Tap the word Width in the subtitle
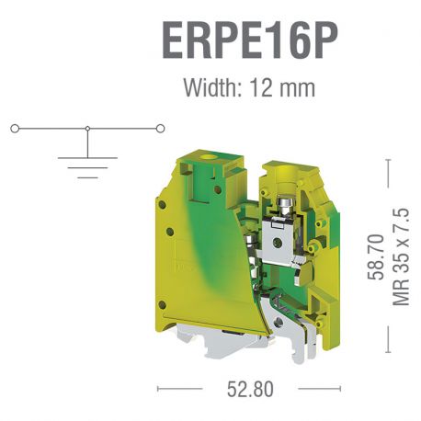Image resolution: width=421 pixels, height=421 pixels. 209,88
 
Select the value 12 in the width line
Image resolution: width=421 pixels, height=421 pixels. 267,88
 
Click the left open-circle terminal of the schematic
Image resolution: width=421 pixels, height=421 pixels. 15,129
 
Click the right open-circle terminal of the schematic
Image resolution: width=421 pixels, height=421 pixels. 162,129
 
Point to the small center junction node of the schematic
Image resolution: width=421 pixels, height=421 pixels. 87,129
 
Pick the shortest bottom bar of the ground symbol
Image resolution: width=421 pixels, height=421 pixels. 86,172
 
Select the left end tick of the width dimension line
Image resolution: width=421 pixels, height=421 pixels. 159,389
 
